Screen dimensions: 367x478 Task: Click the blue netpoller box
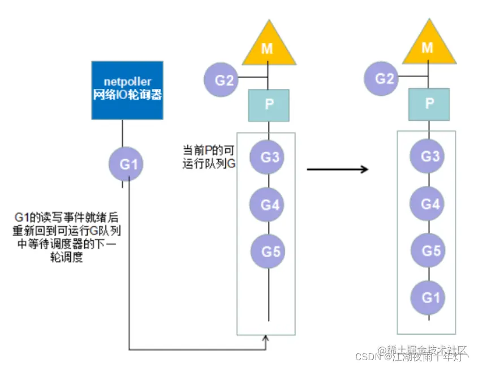[x=127, y=90]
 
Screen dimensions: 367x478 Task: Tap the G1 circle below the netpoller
[x=126, y=165]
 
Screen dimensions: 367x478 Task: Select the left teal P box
[x=269, y=105]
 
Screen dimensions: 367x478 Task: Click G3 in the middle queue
[x=269, y=157]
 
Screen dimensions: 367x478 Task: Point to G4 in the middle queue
[x=269, y=204]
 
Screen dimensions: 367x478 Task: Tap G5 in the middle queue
[x=269, y=251]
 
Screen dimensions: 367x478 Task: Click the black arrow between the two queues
[x=338, y=169]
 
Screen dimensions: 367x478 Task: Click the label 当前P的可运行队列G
[x=208, y=157]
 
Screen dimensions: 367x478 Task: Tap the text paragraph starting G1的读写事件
[x=68, y=237]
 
